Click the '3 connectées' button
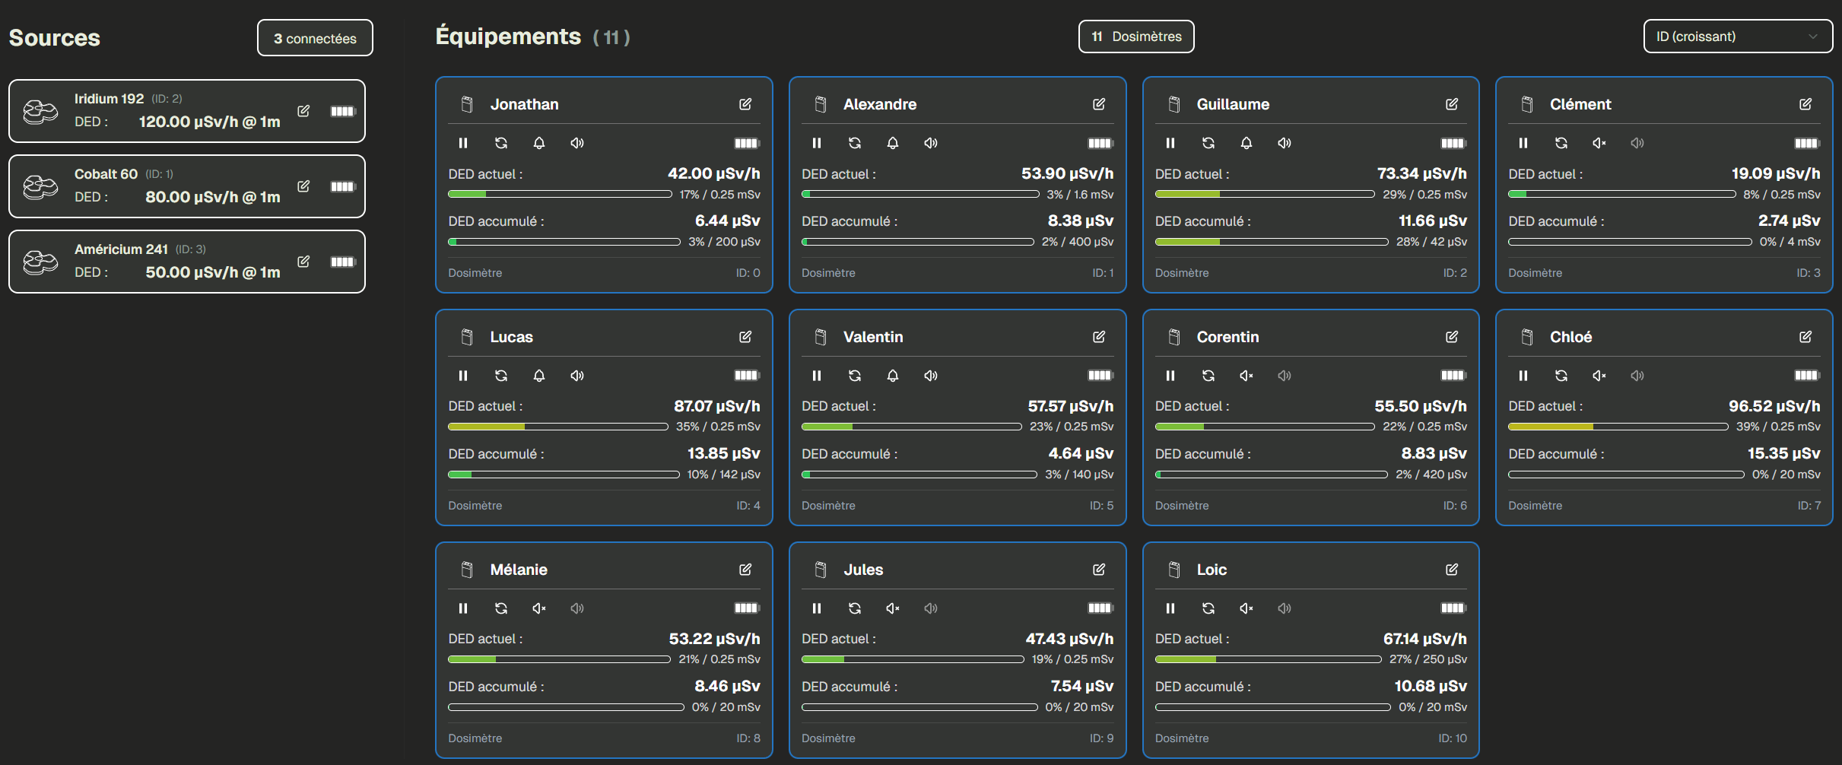(315, 38)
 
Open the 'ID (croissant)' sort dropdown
(1737, 37)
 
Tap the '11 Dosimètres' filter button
(1135, 37)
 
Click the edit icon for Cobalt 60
(303, 186)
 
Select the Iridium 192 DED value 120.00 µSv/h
(209, 122)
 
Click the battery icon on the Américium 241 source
(343, 262)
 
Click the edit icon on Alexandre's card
(1098, 104)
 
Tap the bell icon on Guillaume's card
(1246, 143)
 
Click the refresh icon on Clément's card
(1561, 143)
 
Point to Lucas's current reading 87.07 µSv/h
(716, 406)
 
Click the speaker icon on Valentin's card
(930, 376)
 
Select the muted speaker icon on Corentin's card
(1246, 376)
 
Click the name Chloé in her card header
(1570, 337)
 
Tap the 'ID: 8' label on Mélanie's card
(748, 738)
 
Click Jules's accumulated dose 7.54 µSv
(1081, 686)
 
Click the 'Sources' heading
(55, 38)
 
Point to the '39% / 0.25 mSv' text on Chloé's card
(1777, 427)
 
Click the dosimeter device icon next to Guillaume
(1174, 104)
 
